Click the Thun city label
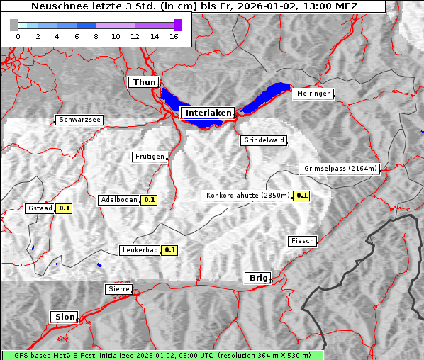(144, 83)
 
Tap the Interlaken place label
(208, 113)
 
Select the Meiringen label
(313, 94)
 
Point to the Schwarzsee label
(79, 120)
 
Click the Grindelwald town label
(264, 140)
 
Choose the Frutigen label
(149, 157)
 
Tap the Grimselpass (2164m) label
(340, 169)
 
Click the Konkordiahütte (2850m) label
(247, 196)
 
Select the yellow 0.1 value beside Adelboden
(150, 200)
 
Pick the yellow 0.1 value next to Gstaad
(65, 208)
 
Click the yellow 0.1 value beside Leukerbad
(170, 250)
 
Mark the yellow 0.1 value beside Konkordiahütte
(302, 196)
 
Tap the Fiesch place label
(302, 241)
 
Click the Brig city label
(256, 278)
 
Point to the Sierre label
(118, 289)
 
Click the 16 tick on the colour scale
(174, 37)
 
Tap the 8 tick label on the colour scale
(96, 37)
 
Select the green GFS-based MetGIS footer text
(162, 355)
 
